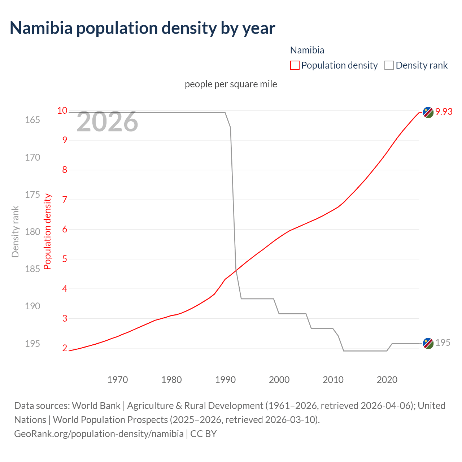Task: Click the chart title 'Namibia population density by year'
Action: pyautogui.click(x=142, y=28)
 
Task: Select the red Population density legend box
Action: pyautogui.click(x=295, y=65)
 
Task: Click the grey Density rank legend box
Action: pyautogui.click(x=389, y=65)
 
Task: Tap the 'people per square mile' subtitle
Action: pyautogui.click(x=231, y=84)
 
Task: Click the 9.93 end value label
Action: pyautogui.click(x=444, y=112)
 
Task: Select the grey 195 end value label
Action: pyautogui.click(x=443, y=343)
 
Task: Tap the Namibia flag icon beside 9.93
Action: pyautogui.click(x=428, y=112)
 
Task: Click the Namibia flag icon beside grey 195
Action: pyautogui.click(x=428, y=343)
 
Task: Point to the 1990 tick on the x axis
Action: pyautogui.click(x=225, y=380)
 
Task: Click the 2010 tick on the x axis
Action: pyautogui.click(x=333, y=380)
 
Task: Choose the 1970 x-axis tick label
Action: pyautogui.click(x=118, y=380)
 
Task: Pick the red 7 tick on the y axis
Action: pyautogui.click(x=65, y=200)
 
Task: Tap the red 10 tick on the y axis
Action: pyautogui.click(x=62, y=110)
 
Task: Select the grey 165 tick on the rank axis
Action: pyautogui.click(x=32, y=120)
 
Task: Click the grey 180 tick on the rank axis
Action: pyautogui.click(x=32, y=232)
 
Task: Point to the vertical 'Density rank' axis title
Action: pyautogui.click(x=15, y=232)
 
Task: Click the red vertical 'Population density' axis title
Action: pyautogui.click(x=48, y=232)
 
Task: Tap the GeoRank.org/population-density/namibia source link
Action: pyautogui.click(x=99, y=433)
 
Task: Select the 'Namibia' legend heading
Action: pyautogui.click(x=307, y=50)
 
